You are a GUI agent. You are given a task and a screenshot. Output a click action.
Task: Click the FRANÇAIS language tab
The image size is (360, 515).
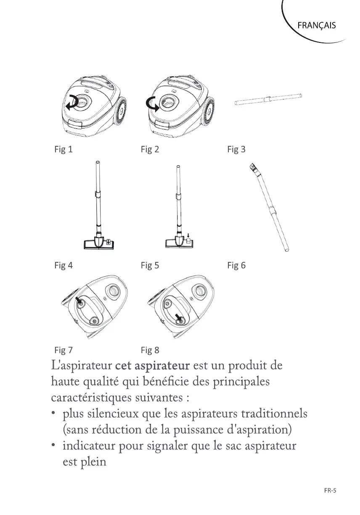tap(316, 25)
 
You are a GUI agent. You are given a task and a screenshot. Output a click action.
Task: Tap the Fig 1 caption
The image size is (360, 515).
tap(64, 149)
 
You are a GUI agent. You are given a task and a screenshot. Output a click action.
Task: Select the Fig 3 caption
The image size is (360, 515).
tap(236, 149)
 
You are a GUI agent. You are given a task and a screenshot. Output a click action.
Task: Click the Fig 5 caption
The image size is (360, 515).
tap(150, 266)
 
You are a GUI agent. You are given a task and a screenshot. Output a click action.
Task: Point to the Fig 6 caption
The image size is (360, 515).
tap(236, 266)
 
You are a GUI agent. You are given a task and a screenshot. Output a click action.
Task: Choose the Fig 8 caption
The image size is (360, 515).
tap(150, 350)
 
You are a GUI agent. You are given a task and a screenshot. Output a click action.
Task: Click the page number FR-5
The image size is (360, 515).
tap(331, 490)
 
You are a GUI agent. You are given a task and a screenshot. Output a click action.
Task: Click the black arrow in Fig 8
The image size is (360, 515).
tap(178, 316)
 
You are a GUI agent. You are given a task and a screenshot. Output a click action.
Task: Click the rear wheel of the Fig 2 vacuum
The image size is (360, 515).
tap(210, 113)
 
